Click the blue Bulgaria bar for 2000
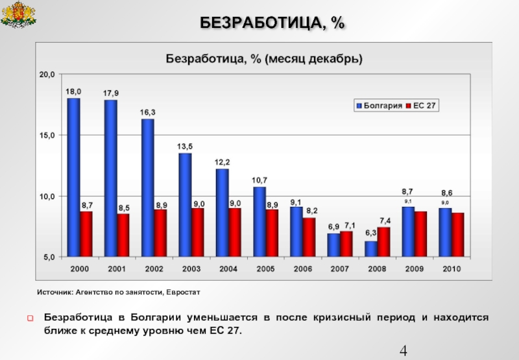74,176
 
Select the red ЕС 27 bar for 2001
123,235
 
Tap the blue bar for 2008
371,248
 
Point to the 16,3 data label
148,112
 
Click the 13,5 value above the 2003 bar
185,146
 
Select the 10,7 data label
259,180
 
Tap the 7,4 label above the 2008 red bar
385,220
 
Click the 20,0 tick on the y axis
48,75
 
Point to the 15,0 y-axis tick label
48,136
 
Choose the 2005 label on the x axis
266,269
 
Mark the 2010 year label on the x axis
452,269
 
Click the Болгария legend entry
376,105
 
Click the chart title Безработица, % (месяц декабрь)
264,58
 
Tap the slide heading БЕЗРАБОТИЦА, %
272,23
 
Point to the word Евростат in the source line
183,293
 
